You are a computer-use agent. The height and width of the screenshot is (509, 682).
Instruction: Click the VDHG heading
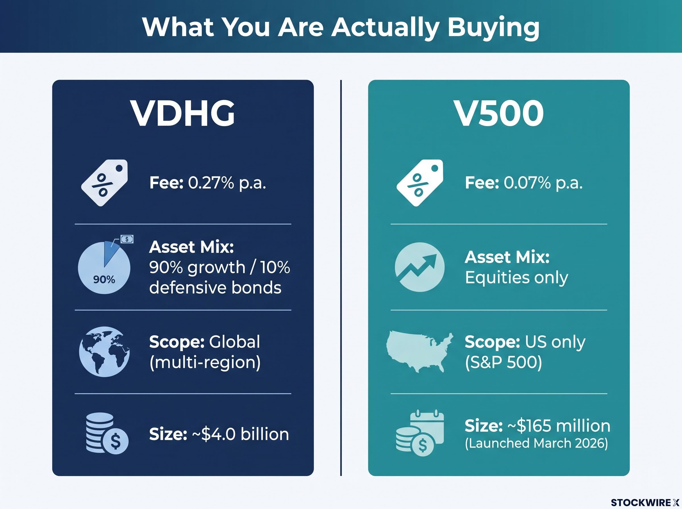click(183, 113)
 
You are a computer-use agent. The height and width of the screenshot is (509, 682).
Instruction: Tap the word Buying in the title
click(493, 28)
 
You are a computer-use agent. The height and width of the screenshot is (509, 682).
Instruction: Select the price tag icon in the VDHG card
click(105, 183)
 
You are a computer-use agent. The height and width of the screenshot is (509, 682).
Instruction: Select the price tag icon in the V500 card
click(420, 183)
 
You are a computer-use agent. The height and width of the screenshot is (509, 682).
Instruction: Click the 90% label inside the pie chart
click(104, 279)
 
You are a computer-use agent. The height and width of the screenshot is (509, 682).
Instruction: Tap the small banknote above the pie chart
click(127, 239)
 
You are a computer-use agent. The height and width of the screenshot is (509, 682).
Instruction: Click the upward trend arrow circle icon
click(420, 267)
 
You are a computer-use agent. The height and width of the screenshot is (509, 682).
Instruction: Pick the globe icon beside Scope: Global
click(104, 352)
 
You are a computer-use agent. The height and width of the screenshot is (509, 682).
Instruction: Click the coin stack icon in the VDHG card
click(107, 433)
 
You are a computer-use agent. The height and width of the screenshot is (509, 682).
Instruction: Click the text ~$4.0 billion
click(240, 434)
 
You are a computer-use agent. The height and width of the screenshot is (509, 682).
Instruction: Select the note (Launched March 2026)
click(537, 443)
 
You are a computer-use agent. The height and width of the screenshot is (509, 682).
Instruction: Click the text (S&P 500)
click(503, 362)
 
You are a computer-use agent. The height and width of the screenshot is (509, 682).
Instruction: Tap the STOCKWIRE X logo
click(645, 502)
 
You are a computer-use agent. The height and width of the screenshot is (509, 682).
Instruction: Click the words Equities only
click(517, 278)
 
